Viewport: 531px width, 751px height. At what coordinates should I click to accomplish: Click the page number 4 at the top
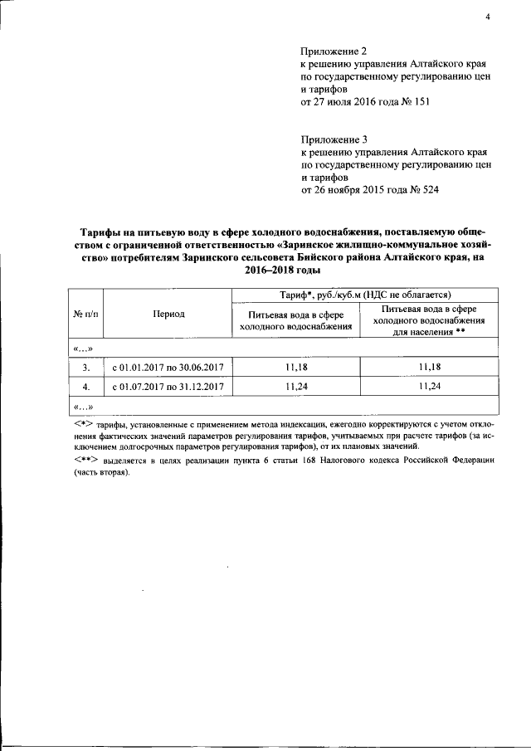[489, 15]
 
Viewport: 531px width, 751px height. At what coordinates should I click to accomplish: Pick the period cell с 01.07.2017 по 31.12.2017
[168, 386]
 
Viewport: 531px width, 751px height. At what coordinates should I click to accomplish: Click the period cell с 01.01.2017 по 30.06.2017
[168, 366]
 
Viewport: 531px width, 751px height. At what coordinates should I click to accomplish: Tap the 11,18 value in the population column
[428, 366]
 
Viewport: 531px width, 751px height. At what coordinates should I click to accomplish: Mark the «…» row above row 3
[83, 346]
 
